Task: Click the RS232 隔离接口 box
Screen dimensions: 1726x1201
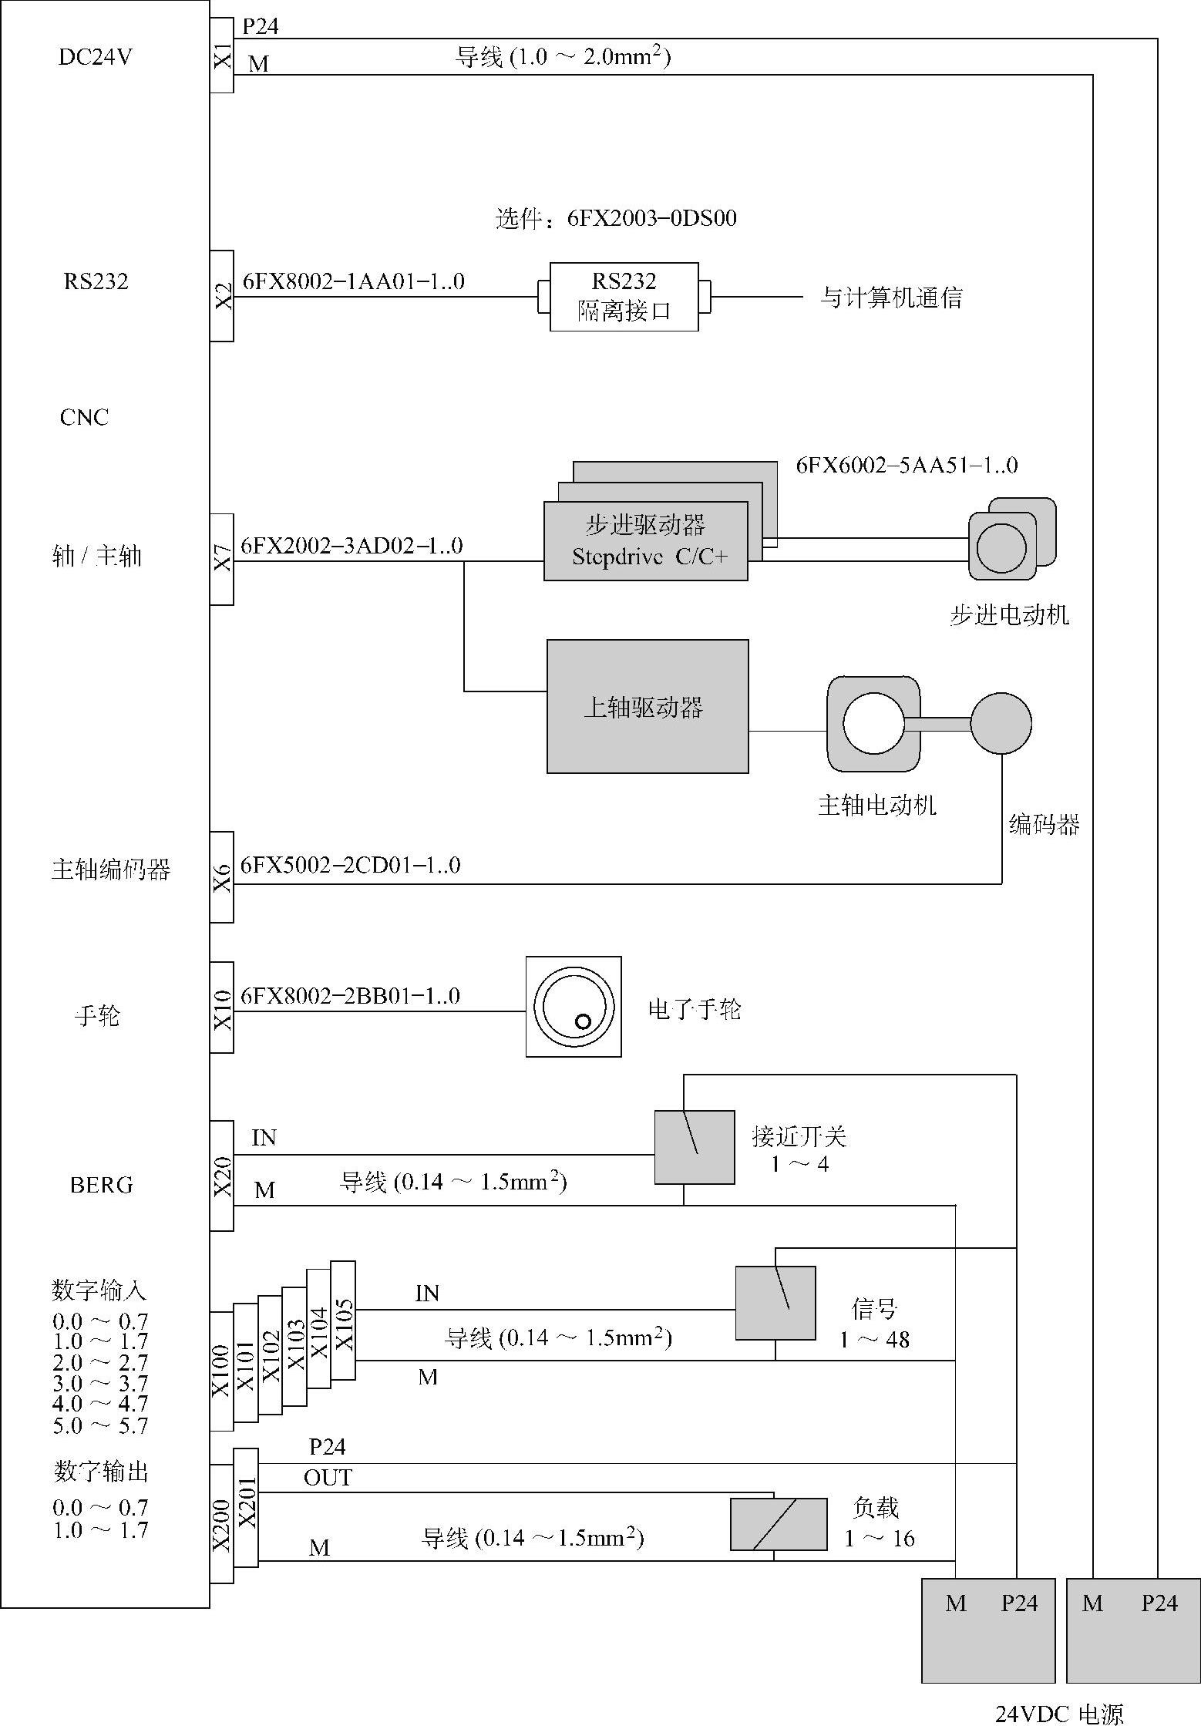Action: tap(624, 297)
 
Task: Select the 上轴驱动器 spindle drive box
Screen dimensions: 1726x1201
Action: tap(648, 706)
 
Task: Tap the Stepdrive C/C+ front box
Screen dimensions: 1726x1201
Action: tap(646, 541)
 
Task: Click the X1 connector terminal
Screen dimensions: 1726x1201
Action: tap(222, 56)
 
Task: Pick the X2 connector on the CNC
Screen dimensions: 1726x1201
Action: tap(222, 296)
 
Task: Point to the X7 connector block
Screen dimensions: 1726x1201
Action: tap(222, 559)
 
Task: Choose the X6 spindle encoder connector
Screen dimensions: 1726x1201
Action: tap(222, 877)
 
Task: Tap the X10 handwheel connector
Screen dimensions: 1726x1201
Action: tap(222, 1008)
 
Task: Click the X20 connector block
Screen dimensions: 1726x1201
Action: tap(222, 1176)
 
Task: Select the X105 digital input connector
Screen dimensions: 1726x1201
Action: tap(344, 1321)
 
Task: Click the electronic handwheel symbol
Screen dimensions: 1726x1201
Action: tap(574, 1007)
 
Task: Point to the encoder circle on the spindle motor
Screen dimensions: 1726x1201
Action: tap(1001, 723)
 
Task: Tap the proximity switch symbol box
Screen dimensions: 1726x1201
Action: tap(695, 1147)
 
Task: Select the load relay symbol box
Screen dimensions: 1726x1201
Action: tap(779, 1524)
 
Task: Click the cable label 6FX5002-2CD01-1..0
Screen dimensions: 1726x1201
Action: tap(351, 866)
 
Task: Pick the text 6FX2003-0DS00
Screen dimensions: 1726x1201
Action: tap(652, 219)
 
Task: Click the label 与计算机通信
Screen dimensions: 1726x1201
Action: tap(891, 298)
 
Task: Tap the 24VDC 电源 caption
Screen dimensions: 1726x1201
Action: tap(1059, 1714)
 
